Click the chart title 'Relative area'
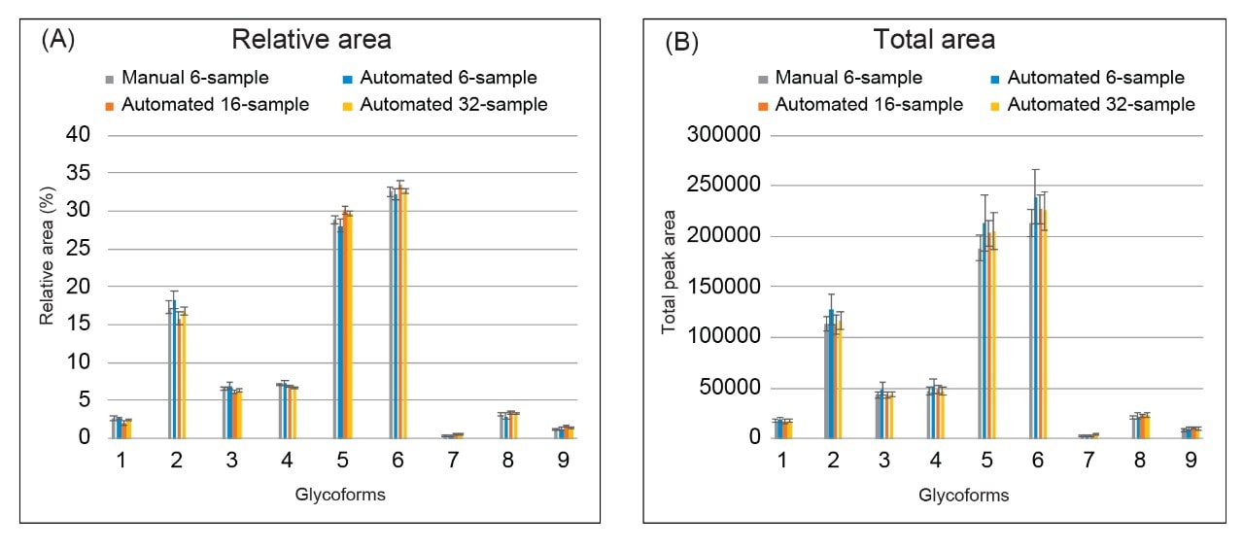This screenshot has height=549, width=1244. click(310, 40)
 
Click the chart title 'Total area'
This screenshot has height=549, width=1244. click(934, 40)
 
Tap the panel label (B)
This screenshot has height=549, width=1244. click(681, 42)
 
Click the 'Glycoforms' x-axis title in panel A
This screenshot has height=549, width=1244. click(340, 495)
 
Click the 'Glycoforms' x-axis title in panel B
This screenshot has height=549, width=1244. click(964, 495)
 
